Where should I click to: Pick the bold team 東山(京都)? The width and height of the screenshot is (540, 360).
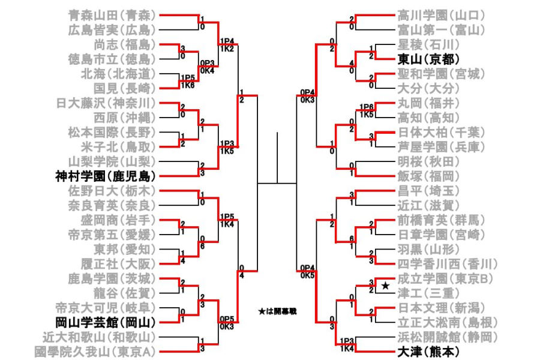coord(429,59)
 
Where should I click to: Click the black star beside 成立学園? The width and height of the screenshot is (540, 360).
coord(385,286)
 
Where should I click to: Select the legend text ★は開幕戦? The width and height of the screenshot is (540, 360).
coord(277,312)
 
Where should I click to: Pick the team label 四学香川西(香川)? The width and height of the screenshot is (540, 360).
coord(447,264)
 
